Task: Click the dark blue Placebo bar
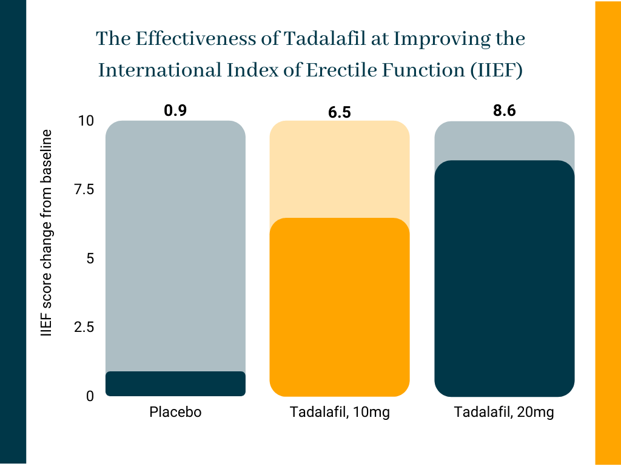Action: (x=175, y=383)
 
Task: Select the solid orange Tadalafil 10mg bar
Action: (x=340, y=307)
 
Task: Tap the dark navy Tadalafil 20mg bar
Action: (x=504, y=279)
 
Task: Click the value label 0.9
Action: (x=175, y=110)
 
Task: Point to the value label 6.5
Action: (x=340, y=112)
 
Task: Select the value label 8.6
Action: (x=504, y=110)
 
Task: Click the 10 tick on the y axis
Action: (x=86, y=121)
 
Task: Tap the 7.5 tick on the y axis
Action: (x=84, y=190)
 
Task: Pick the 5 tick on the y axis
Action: (x=90, y=258)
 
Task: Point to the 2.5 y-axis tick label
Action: (x=84, y=327)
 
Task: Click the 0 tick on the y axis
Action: (x=90, y=396)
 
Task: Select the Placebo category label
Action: (x=175, y=412)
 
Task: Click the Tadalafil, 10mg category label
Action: (x=340, y=412)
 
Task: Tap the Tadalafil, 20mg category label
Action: (x=504, y=412)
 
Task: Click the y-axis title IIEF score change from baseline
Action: (x=46, y=233)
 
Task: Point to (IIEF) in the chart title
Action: (x=497, y=70)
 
